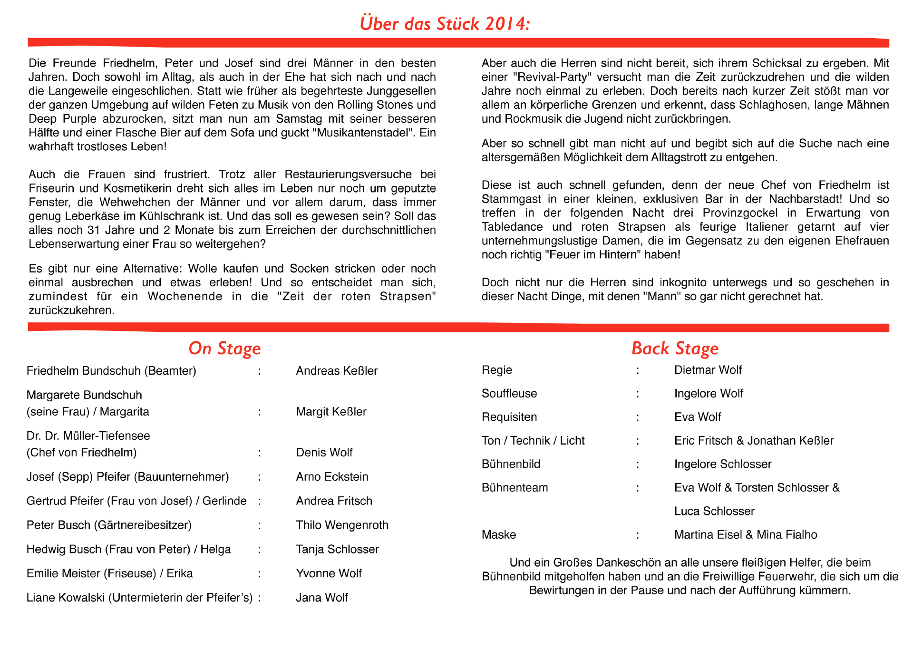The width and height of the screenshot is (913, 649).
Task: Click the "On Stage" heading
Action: (224, 349)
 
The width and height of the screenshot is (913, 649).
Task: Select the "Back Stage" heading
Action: (674, 349)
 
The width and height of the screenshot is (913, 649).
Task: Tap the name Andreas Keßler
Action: (337, 371)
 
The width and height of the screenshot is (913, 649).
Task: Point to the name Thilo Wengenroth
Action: (342, 525)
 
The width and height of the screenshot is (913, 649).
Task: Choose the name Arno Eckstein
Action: (332, 477)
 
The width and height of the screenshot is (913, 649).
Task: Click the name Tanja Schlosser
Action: (337, 550)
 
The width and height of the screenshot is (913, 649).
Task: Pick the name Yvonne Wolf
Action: (329, 574)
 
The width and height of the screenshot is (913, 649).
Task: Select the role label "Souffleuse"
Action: (509, 394)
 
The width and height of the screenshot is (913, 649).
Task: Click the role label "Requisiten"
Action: (509, 417)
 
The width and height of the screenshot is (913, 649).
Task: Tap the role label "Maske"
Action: (498, 535)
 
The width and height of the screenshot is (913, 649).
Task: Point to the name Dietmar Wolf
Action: (708, 370)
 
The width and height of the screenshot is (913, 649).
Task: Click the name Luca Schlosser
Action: (714, 512)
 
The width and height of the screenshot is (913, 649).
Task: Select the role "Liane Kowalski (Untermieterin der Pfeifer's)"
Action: (139, 598)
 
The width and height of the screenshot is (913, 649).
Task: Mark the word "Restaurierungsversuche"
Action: (348, 174)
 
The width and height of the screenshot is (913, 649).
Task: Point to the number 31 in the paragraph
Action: (94, 230)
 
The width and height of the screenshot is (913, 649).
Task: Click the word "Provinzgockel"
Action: (740, 213)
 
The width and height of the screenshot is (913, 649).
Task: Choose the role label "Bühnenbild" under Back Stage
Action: (511, 465)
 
